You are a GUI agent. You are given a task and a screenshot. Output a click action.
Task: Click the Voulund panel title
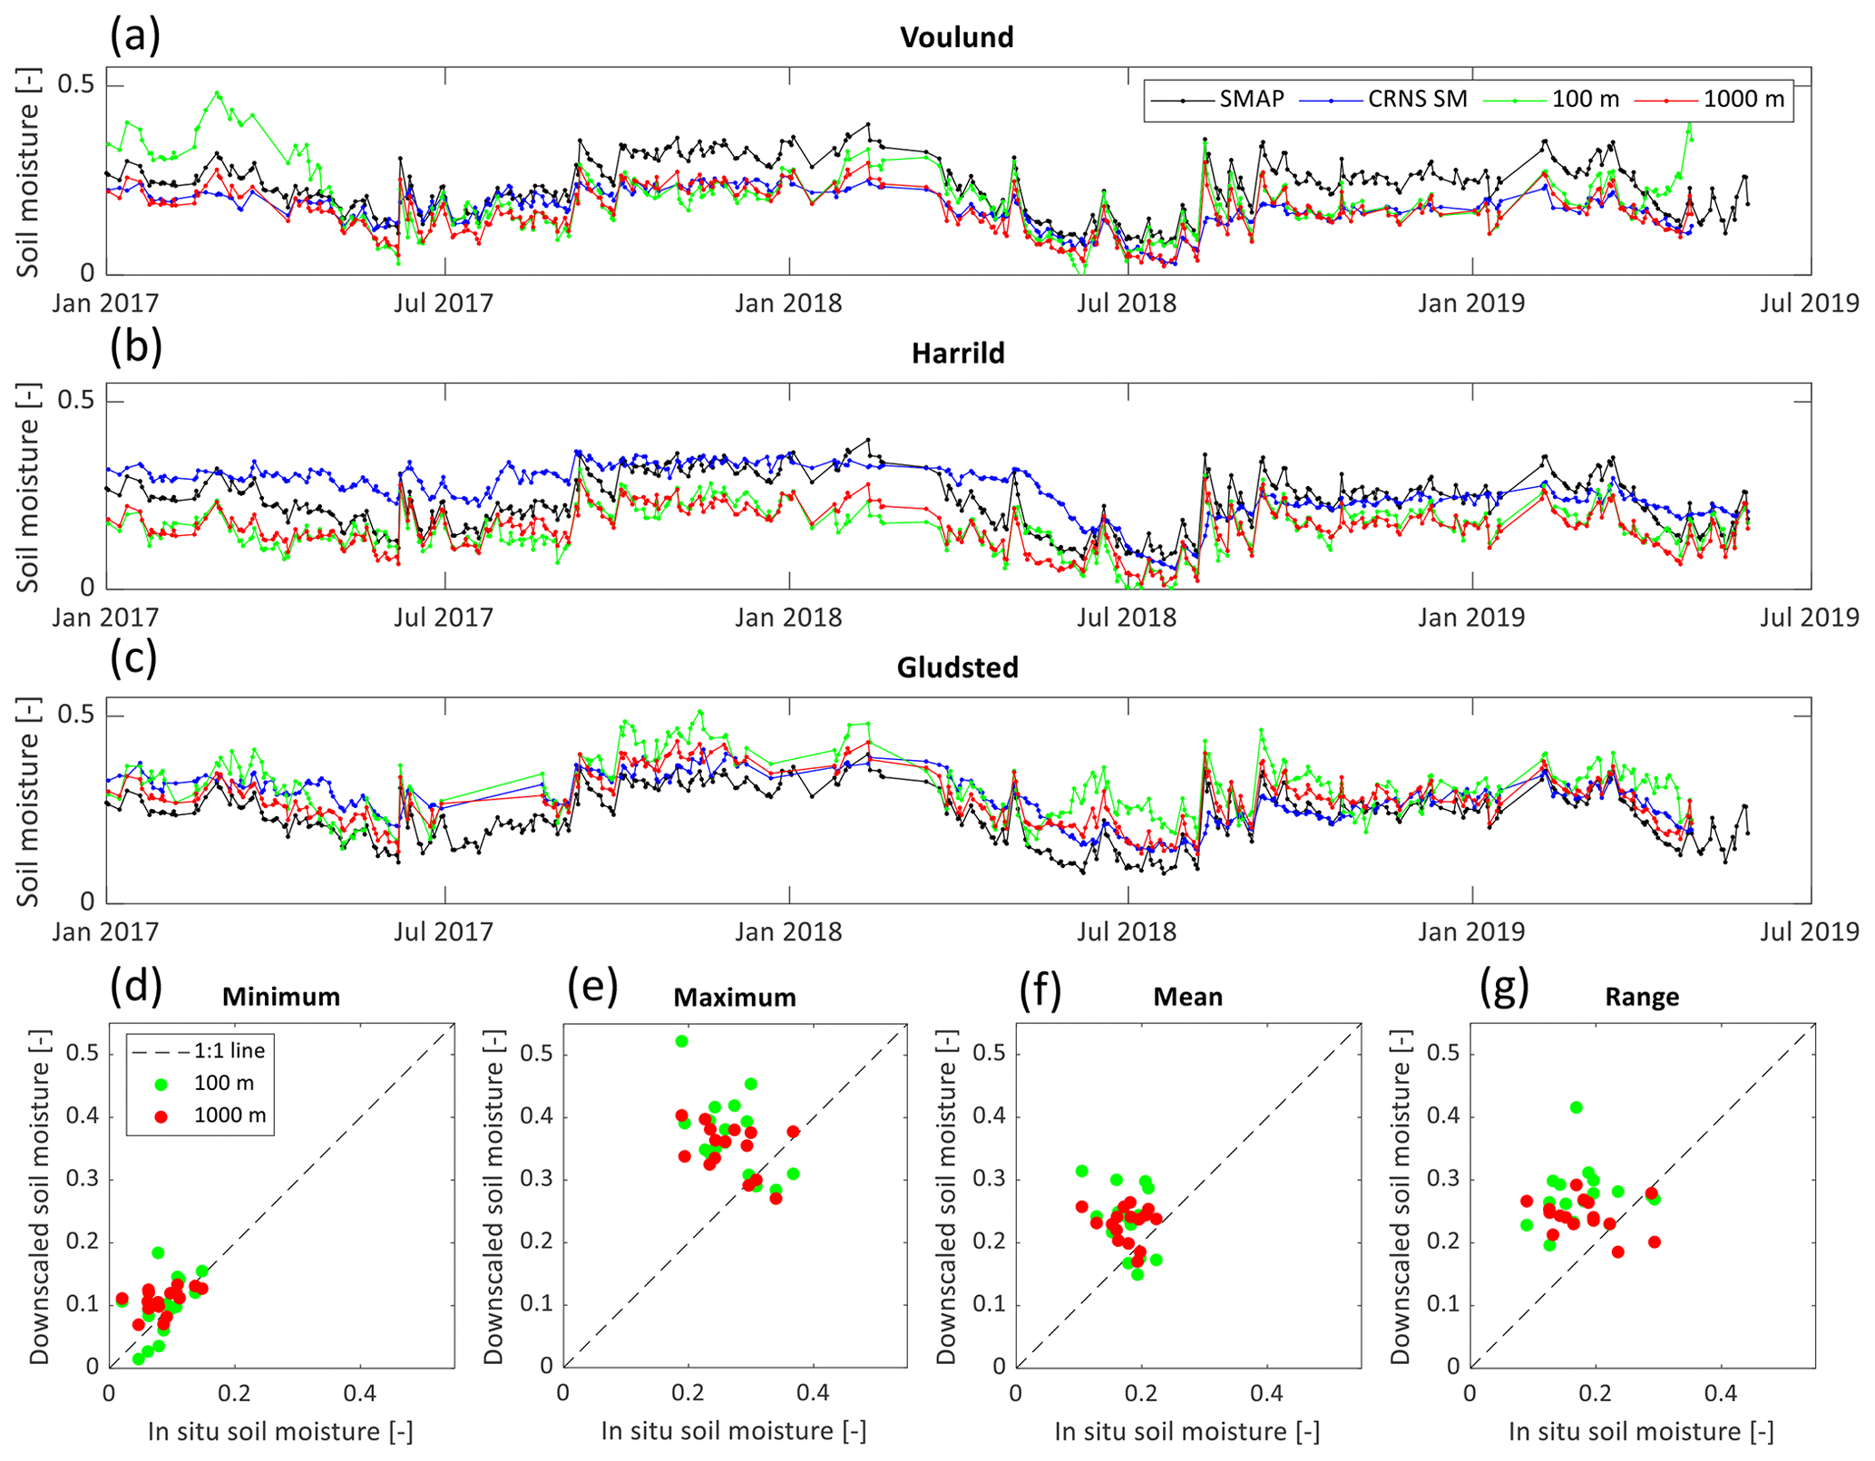[956, 37]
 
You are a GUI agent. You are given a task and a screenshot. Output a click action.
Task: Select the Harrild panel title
[958, 353]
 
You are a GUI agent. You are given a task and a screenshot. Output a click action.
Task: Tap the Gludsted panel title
[957, 667]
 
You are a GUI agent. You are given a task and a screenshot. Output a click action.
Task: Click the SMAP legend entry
[1251, 99]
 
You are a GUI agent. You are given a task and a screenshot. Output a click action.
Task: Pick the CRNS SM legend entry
[1417, 99]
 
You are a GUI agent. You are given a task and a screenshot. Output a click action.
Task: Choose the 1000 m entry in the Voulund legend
[1743, 99]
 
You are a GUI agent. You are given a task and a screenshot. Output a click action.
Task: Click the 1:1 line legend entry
[229, 1050]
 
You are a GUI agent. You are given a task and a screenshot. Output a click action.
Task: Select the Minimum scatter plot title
[281, 997]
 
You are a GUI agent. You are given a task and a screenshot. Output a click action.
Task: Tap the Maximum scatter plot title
[735, 998]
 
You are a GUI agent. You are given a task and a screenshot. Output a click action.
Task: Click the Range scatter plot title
[1642, 998]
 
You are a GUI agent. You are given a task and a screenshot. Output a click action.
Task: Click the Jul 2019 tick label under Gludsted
[1810, 931]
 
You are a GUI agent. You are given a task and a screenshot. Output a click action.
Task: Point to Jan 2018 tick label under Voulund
[788, 303]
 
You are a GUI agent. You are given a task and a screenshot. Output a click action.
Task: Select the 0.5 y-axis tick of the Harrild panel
[76, 400]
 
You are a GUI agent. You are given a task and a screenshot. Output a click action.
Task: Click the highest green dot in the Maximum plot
[681, 1041]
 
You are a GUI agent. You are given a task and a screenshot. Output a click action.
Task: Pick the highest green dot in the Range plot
[1576, 1107]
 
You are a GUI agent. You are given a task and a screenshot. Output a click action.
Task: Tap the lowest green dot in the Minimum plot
[139, 1359]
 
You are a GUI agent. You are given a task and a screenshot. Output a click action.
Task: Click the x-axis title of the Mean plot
[1187, 1431]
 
